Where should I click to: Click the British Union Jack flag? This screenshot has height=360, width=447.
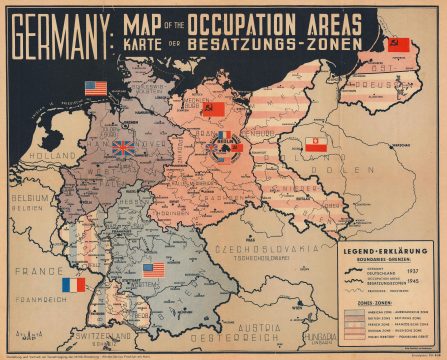pos(123,148)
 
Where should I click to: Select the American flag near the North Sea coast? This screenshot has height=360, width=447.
pos(95,88)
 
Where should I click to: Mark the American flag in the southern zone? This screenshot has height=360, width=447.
pos(153,269)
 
